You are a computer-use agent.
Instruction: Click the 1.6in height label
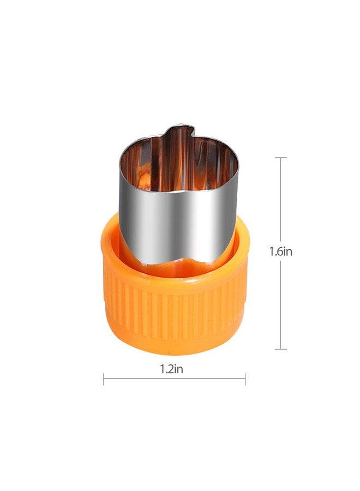[x=281, y=251]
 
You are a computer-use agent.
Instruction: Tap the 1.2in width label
[x=172, y=369]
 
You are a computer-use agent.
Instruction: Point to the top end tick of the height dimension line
[x=281, y=158]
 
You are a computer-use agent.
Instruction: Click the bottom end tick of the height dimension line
[x=281, y=349]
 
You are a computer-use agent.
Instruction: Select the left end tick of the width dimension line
[x=104, y=379]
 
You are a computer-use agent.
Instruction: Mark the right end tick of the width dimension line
[x=245, y=379]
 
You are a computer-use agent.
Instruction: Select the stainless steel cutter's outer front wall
[x=177, y=225]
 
